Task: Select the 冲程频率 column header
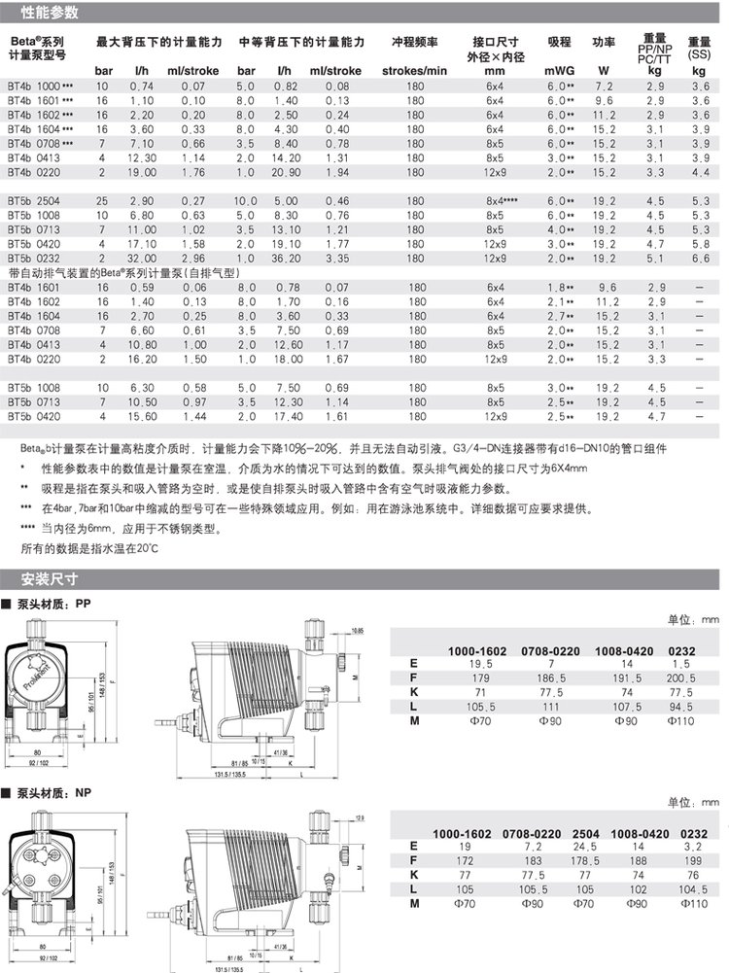pyautogui.click(x=414, y=43)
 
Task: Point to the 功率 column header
pyautogui.click(x=604, y=43)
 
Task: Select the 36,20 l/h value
pyautogui.click(x=285, y=260)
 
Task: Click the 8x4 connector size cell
pyautogui.click(x=496, y=201)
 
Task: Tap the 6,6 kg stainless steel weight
pyautogui.click(x=697, y=260)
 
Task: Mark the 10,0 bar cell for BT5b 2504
pyautogui.click(x=247, y=201)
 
